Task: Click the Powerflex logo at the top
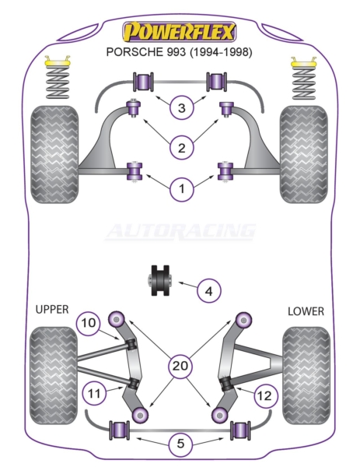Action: (x=180, y=32)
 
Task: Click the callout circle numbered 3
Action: (x=181, y=107)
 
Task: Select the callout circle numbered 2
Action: (x=181, y=147)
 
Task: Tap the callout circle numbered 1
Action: (x=181, y=188)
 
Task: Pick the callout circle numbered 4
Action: (x=209, y=290)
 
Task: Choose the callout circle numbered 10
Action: (x=88, y=322)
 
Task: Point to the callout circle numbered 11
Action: (x=95, y=393)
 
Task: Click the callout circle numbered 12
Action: (x=265, y=396)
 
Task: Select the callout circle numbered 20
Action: (x=180, y=366)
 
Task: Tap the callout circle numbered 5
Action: (x=180, y=444)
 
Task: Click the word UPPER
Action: (x=52, y=310)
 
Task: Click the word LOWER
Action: (x=306, y=311)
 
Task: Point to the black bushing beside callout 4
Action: (x=159, y=280)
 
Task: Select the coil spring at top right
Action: (x=303, y=83)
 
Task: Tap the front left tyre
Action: (x=54, y=155)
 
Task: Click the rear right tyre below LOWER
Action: (x=306, y=376)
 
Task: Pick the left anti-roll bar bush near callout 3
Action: (x=143, y=82)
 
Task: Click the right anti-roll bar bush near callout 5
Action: (x=240, y=430)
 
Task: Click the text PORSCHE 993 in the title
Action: (x=146, y=52)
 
